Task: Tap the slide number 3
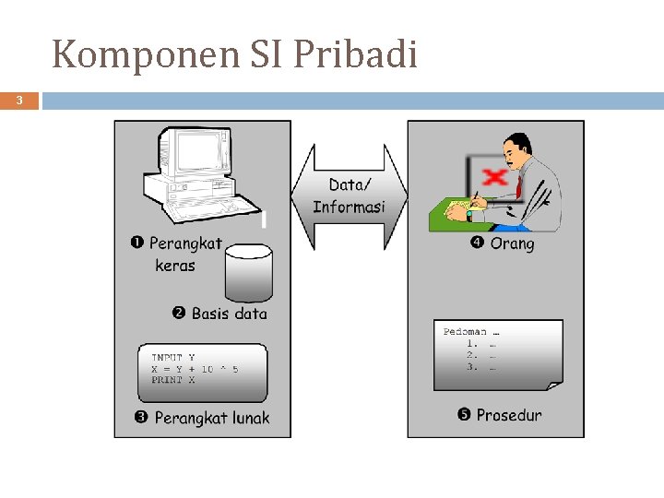(x=18, y=100)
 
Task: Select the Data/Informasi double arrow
(x=349, y=196)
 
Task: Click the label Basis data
(x=229, y=314)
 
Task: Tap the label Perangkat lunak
(x=212, y=418)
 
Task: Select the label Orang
(x=512, y=243)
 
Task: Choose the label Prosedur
(x=509, y=415)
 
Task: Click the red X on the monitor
(x=495, y=175)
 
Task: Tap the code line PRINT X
(x=173, y=380)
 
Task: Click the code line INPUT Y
(x=173, y=357)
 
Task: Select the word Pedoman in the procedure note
(x=464, y=331)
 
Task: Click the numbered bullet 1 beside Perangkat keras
(x=136, y=243)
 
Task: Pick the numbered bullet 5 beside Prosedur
(x=465, y=415)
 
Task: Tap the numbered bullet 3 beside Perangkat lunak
(x=141, y=418)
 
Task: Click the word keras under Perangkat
(x=175, y=266)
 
